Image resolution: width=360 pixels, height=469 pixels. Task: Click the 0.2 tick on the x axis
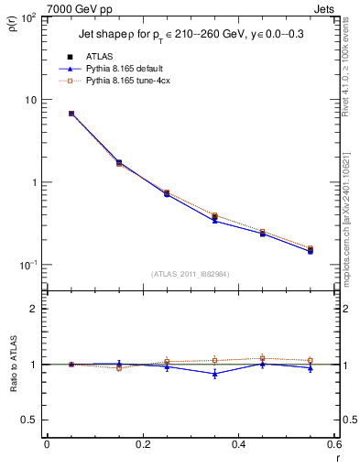[142, 444]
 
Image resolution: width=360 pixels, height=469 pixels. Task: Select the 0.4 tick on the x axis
[238, 444]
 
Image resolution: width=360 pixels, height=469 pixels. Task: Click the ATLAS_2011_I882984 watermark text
[191, 273]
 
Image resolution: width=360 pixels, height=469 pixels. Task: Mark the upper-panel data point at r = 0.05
[71, 114]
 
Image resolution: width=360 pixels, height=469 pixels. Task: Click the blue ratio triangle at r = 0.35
[214, 374]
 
